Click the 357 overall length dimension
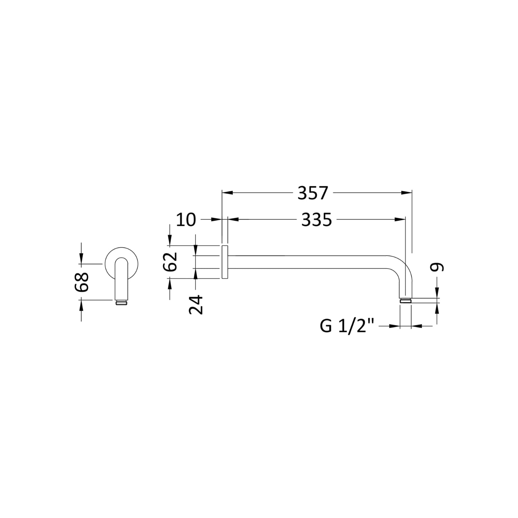(313, 193)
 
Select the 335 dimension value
(316, 220)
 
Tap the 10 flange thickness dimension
(186, 220)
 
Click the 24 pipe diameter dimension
(196, 304)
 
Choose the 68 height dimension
(83, 282)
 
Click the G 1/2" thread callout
(347, 326)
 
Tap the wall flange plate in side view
(224, 262)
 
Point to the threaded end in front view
(121, 303)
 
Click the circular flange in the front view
(111, 257)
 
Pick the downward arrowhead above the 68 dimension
(81, 259)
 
